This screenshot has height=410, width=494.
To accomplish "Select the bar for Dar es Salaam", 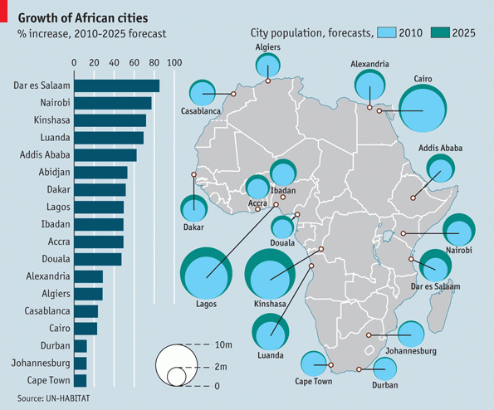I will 116,85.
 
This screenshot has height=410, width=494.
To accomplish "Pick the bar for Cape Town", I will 81,380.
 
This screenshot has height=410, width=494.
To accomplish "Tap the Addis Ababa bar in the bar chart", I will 105,154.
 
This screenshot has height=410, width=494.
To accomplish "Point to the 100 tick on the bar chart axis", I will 174,62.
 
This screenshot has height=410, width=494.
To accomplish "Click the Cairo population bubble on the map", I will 423,109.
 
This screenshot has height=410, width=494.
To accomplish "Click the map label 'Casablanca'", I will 200,110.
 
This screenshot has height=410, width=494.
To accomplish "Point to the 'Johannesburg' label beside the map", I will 412,351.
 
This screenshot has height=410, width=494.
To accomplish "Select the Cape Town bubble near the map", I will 314,364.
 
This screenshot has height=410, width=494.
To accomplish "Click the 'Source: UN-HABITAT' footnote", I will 52,399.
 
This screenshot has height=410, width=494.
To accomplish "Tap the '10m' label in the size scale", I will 222,344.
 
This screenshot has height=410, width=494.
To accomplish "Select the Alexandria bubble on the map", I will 369,85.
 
